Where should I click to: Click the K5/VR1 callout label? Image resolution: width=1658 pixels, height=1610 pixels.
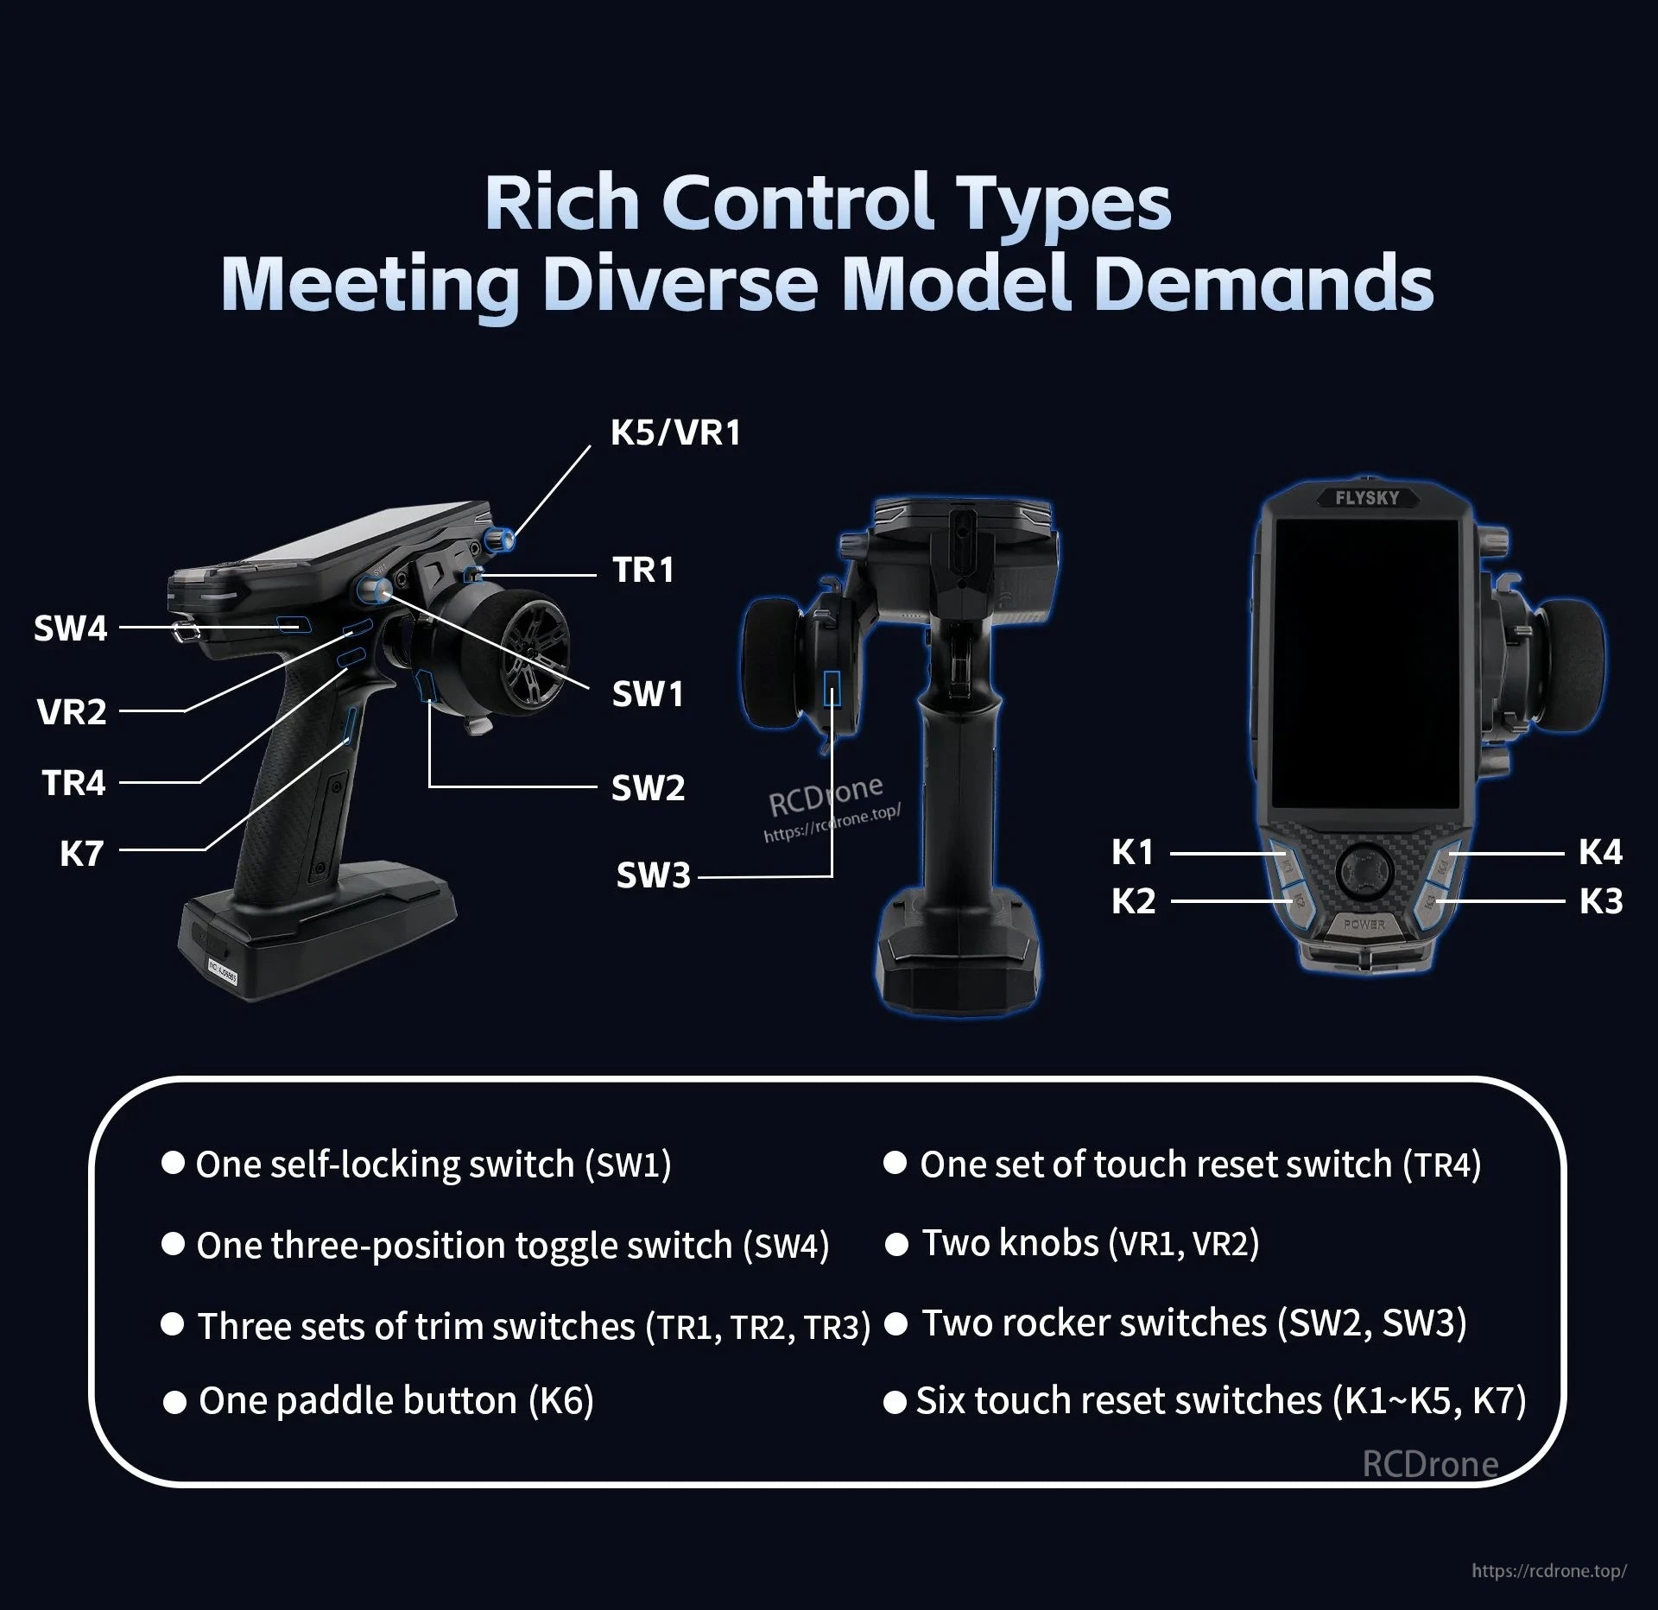tap(675, 432)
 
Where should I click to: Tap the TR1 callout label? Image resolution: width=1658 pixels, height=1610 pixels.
tap(642, 570)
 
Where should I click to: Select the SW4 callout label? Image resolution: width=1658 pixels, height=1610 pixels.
tap(71, 628)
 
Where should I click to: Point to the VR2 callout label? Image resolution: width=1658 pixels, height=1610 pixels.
tap(72, 712)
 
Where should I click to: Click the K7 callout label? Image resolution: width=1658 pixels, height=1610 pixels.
tap(81, 854)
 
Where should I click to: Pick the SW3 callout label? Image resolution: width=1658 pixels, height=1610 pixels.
tap(654, 875)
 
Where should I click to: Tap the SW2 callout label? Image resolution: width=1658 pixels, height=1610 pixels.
tap(648, 788)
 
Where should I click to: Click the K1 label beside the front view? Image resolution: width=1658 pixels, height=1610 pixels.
tap(1132, 853)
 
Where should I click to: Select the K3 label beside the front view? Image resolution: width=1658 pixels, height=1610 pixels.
tap(1601, 901)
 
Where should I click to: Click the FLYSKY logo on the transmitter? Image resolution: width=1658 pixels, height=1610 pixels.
tap(1367, 498)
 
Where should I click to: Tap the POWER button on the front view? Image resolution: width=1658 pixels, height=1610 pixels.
tap(1365, 925)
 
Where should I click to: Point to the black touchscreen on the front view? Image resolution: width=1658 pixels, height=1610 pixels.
tap(1366, 670)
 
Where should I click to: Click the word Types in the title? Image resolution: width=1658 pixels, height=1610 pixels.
tap(1054, 204)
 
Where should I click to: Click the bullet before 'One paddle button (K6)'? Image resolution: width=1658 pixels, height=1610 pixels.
tap(174, 1403)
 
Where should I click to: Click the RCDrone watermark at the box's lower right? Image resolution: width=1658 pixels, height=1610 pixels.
tap(1430, 1463)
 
